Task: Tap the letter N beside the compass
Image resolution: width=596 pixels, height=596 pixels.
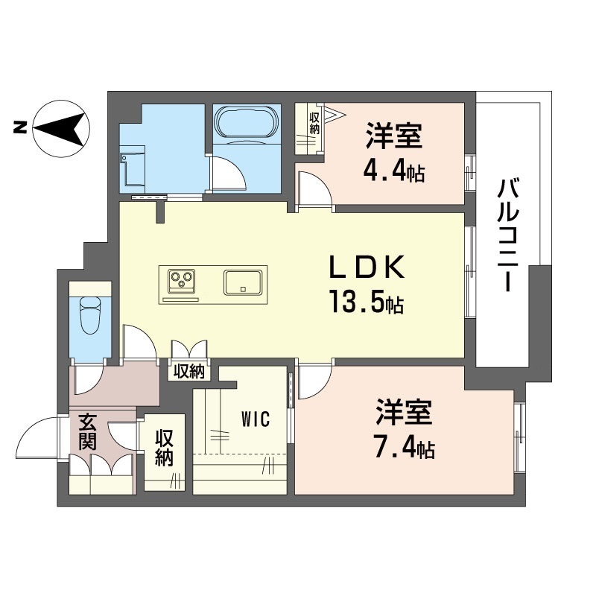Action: [x=19, y=128]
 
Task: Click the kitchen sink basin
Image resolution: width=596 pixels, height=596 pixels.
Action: [x=242, y=282]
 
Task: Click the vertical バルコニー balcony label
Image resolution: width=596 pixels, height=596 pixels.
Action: [x=510, y=235]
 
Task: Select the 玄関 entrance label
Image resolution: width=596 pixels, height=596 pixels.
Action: [x=87, y=432]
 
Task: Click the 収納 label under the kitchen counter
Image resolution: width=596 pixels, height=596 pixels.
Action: [x=191, y=371]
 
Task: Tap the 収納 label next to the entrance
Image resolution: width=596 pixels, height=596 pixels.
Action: [x=165, y=447]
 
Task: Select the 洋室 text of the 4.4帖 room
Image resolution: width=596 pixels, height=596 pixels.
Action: [x=394, y=139]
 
